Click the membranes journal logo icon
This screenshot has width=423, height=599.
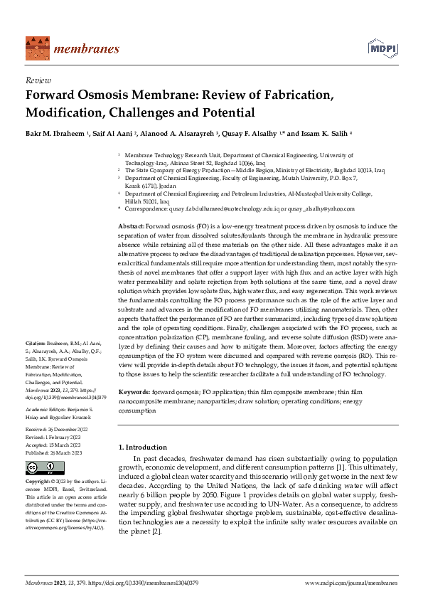(36, 48)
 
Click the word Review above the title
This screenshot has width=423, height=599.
(37, 80)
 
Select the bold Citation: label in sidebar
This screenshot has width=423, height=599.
(36, 343)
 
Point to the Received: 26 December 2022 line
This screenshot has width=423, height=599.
(53, 430)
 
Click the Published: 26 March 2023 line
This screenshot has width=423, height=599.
(53, 452)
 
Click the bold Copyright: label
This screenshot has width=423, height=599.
(38, 482)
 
